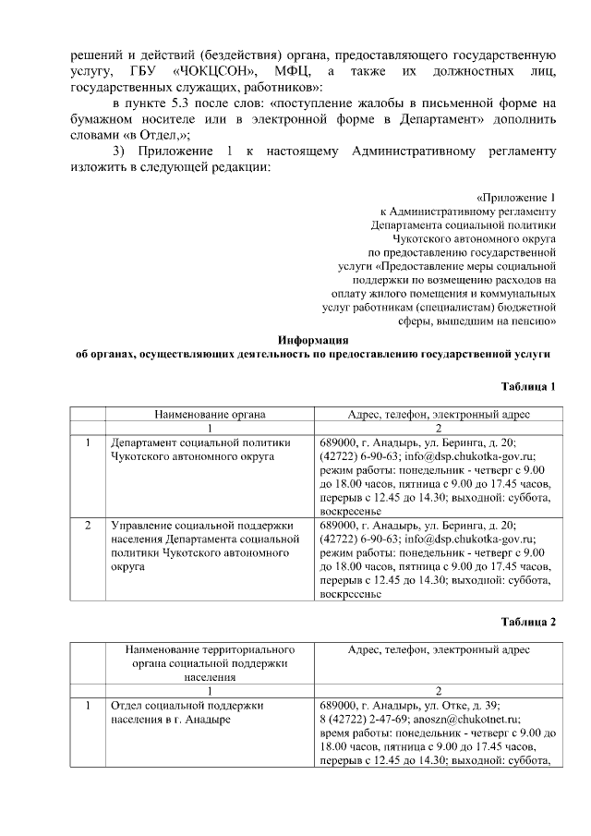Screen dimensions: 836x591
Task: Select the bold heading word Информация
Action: pos(313,340)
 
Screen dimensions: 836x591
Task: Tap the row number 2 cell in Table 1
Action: pos(87,525)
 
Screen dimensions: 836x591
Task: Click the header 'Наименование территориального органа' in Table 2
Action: pos(210,663)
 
